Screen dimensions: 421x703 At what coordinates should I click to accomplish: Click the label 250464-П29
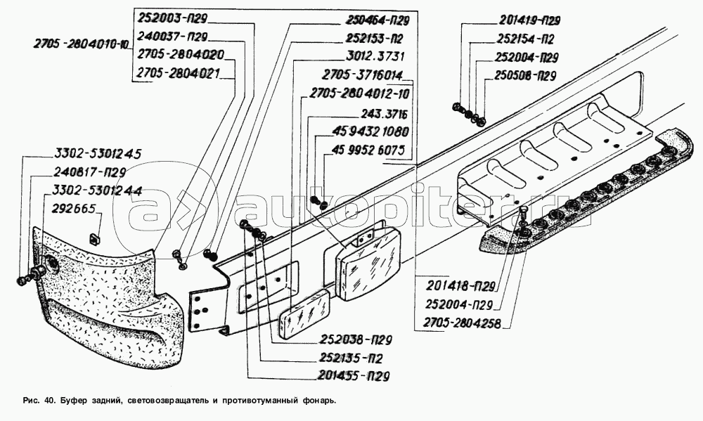pos(381,21)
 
